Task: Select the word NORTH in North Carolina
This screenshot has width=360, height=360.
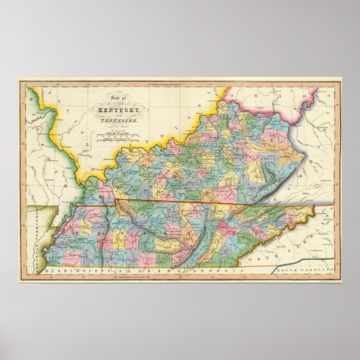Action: point(257,239)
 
